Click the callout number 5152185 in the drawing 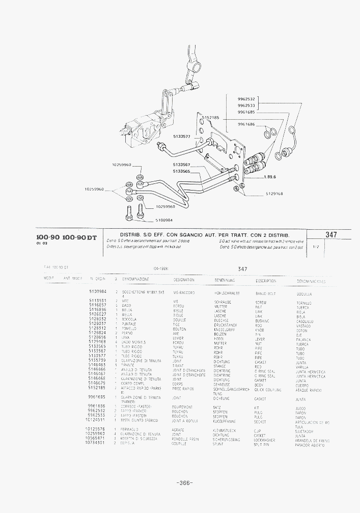point(210,118)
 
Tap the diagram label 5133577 point(181,137)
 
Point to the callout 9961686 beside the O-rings point(246,124)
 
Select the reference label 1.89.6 point(270,177)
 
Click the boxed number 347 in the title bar point(331,235)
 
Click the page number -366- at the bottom point(184,483)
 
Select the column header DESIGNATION point(184,280)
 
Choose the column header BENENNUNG point(224,280)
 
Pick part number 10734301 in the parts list point(95,443)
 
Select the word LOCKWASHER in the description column point(265,440)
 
